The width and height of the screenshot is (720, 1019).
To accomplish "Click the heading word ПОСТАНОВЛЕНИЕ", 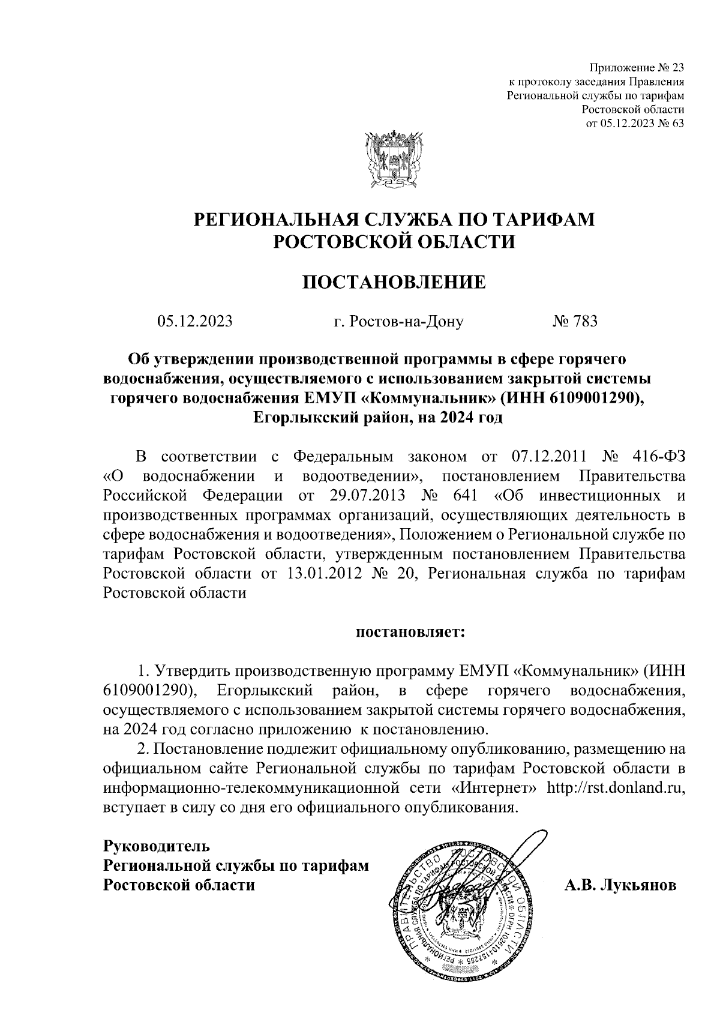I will pyautogui.click(x=394, y=282).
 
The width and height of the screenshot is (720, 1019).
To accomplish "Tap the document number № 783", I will pyautogui.click(x=574, y=322).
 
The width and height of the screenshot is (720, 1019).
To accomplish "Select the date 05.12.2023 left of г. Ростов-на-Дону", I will pyautogui.click(x=195, y=322).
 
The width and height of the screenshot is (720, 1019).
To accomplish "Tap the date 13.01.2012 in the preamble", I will pyautogui.click(x=324, y=574).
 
